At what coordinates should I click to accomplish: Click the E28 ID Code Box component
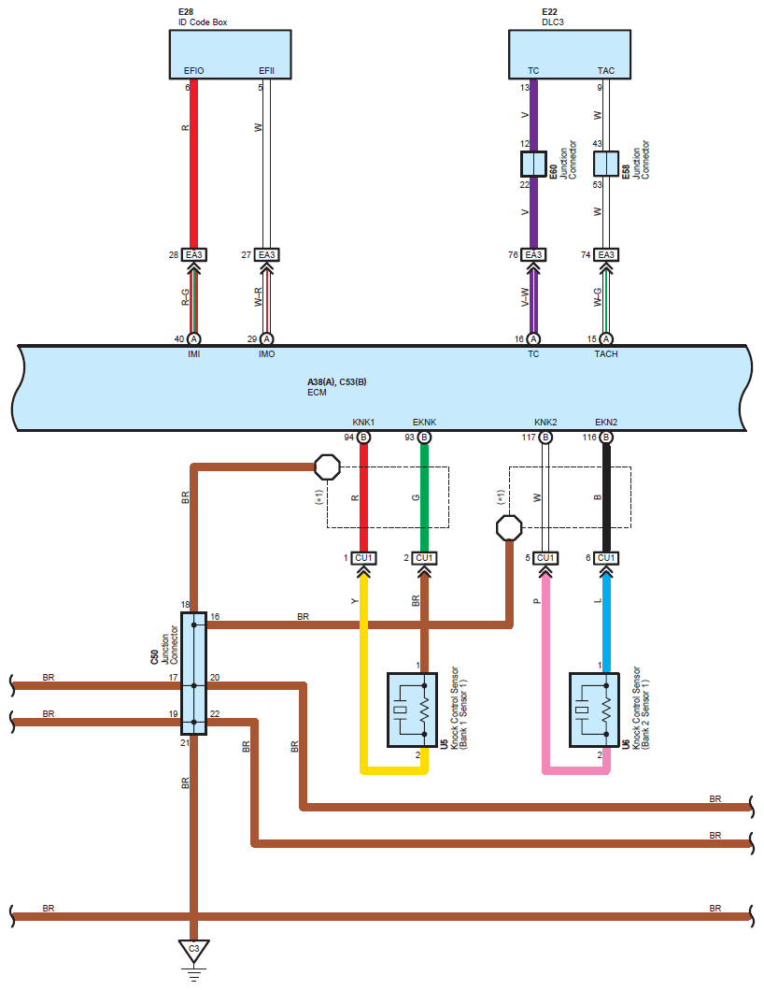(230, 54)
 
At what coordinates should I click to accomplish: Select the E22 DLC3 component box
(570, 54)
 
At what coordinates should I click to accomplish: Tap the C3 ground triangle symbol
(193, 950)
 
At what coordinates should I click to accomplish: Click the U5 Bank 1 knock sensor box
(411, 710)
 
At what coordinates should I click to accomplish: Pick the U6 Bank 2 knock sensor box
(594, 710)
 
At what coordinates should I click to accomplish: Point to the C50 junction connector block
(193, 673)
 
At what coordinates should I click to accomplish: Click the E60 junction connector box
(533, 165)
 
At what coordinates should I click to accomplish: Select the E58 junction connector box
(606, 165)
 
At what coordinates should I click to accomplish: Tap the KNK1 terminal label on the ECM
(363, 422)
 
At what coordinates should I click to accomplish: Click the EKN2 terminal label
(606, 422)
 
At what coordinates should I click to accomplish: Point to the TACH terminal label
(606, 354)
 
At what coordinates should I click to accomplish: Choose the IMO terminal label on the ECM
(267, 354)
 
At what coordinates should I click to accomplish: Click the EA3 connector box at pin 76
(533, 254)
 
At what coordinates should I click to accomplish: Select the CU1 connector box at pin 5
(545, 558)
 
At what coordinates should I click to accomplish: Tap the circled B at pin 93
(425, 437)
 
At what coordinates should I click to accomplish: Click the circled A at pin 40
(193, 339)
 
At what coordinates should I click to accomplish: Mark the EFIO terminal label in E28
(193, 71)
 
